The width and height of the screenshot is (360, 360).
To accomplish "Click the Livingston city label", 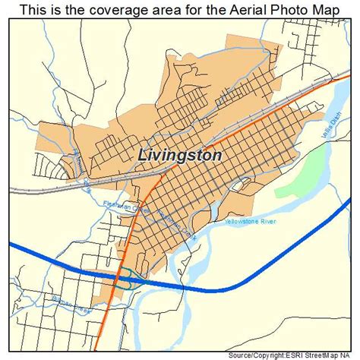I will [x=180, y=154].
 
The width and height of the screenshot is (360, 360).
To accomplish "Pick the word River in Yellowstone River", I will [x=267, y=221].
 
